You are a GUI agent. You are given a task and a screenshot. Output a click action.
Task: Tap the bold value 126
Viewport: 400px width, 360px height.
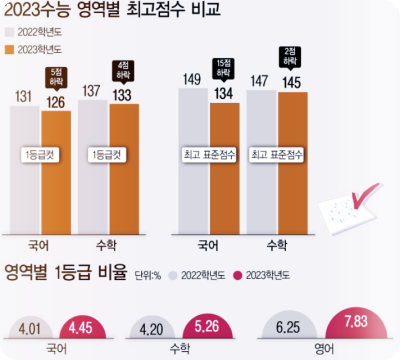(x=55, y=100)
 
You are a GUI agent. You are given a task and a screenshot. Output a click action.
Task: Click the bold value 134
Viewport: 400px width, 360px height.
(x=223, y=93)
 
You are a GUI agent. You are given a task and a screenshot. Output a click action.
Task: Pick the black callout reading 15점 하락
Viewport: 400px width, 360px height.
(x=223, y=69)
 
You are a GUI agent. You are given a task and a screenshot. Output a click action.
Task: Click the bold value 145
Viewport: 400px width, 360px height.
(x=292, y=82)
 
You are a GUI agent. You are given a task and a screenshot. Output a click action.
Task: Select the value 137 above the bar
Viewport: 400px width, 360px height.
(x=92, y=90)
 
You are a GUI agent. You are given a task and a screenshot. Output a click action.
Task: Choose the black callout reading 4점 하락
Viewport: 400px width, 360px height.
(x=124, y=70)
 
